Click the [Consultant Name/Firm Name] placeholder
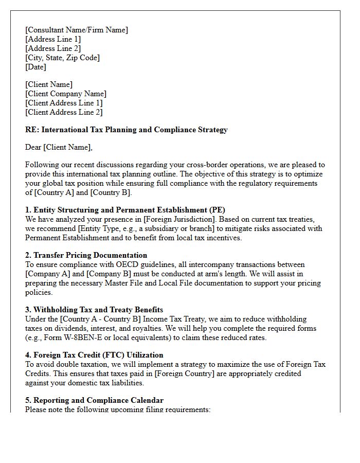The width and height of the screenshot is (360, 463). click(x=77, y=30)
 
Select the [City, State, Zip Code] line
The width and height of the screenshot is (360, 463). click(x=62, y=58)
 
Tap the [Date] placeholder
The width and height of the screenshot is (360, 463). click(x=35, y=67)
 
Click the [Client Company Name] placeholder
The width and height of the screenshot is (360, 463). click(x=66, y=94)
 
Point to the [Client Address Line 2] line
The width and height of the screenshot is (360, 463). click(x=64, y=112)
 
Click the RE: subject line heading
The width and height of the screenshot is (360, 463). click(x=126, y=130)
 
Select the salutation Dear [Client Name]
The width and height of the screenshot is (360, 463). click(x=59, y=148)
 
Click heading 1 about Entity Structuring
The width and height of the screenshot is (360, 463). click(x=125, y=210)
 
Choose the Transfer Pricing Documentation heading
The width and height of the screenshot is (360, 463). click(x=86, y=255)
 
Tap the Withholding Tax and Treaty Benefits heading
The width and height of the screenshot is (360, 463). click(x=94, y=310)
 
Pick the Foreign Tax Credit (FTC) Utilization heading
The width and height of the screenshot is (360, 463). click(x=94, y=355)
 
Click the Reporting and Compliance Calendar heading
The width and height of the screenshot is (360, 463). click(x=94, y=400)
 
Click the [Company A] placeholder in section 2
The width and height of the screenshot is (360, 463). click(x=47, y=274)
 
